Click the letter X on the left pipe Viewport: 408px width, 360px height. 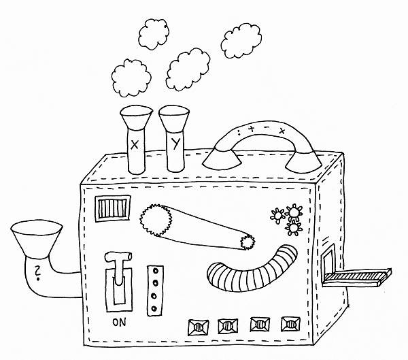point(134,144)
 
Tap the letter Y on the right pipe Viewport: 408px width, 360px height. point(176,144)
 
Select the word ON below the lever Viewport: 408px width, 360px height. point(119,322)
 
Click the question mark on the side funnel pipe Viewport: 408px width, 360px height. point(38,273)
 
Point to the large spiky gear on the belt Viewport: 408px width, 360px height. point(156,220)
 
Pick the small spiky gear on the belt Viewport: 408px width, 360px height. point(248,242)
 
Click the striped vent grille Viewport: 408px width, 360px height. point(113,209)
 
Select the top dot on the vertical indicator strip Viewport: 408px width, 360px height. point(156,271)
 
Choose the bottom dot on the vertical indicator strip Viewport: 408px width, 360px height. point(154,309)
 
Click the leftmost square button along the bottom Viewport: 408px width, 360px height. point(199,327)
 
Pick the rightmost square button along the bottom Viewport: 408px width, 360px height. point(290,325)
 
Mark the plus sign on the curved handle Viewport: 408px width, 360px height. point(252,129)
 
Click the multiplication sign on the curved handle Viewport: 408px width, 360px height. point(282,131)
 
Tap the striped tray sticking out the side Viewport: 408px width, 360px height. point(357,277)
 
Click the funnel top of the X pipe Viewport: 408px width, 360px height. point(136,117)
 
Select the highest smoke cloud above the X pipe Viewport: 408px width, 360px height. point(154,34)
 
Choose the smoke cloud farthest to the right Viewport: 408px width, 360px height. point(241,41)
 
